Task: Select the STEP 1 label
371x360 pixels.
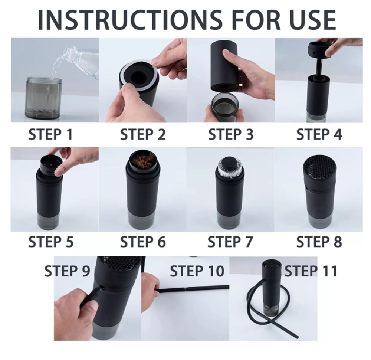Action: [x=50, y=134]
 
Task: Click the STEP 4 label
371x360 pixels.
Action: [x=319, y=134]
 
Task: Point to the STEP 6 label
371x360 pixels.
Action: [x=143, y=242]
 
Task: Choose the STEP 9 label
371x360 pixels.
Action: [x=67, y=271]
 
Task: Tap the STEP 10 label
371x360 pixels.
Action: [x=197, y=271]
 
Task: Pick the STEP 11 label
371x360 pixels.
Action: [x=311, y=271]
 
